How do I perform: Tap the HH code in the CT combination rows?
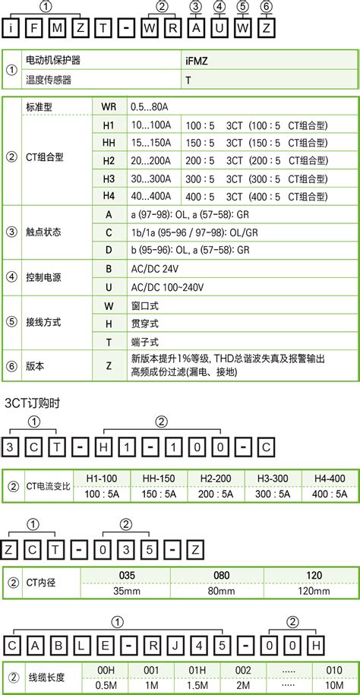(107, 142)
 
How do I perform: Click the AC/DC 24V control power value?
(155, 270)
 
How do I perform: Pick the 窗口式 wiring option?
(142, 306)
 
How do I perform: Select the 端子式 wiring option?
(142, 343)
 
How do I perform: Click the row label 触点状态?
(43, 232)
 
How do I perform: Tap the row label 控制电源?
(43, 279)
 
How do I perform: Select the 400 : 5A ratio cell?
(330, 494)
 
